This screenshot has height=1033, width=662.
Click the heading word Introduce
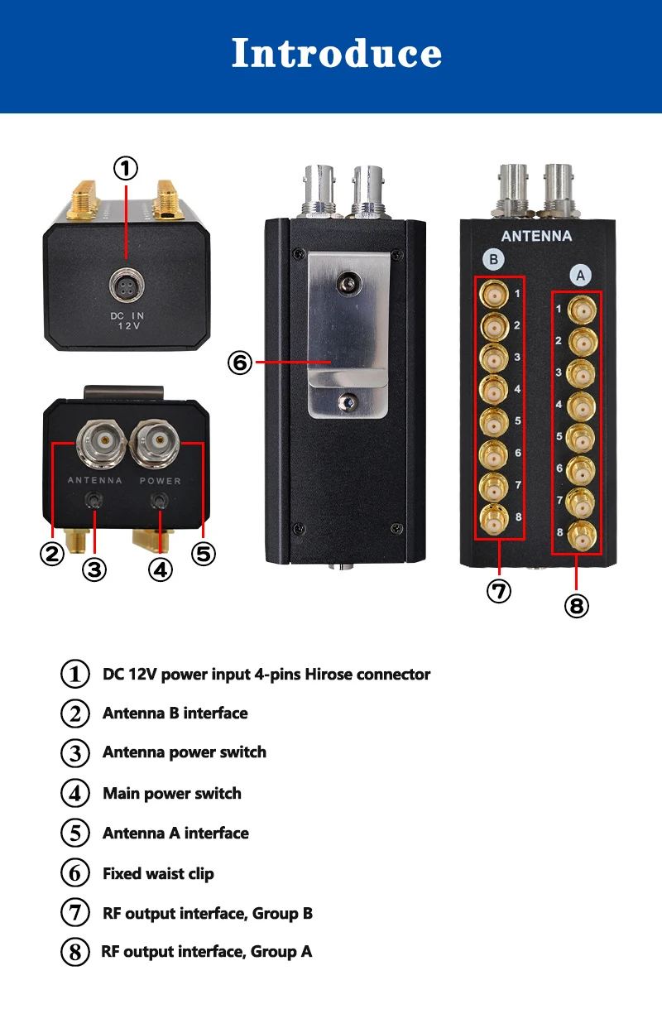click(336, 54)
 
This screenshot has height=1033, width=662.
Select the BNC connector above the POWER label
click(160, 443)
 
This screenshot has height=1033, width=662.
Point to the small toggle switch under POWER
click(161, 501)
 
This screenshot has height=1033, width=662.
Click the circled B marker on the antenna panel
click(493, 259)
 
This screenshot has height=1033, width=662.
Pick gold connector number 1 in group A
click(583, 310)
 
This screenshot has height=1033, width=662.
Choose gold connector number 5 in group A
click(583, 436)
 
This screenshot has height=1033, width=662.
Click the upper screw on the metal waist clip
click(348, 285)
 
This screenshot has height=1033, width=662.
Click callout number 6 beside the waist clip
click(240, 362)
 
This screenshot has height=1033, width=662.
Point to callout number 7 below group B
click(499, 591)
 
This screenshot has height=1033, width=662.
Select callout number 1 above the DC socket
click(125, 169)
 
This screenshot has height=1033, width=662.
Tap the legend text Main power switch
click(172, 793)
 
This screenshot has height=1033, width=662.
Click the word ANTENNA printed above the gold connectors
click(536, 236)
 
